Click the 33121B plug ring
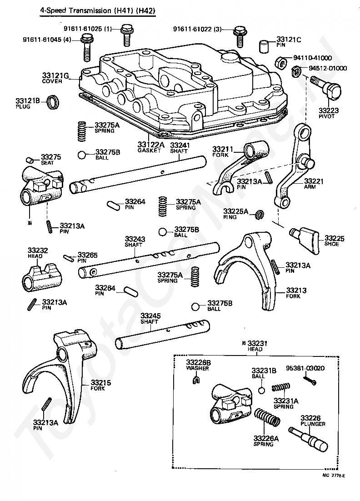click(x=53, y=101)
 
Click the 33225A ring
click(x=260, y=215)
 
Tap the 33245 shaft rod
click(x=163, y=334)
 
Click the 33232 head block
click(x=42, y=276)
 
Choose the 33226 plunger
click(x=308, y=438)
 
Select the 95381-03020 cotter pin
click(x=310, y=380)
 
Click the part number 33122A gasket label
click(x=151, y=145)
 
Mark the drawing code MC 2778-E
click(x=334, y=476)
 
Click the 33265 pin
click(x=69, y=257)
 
